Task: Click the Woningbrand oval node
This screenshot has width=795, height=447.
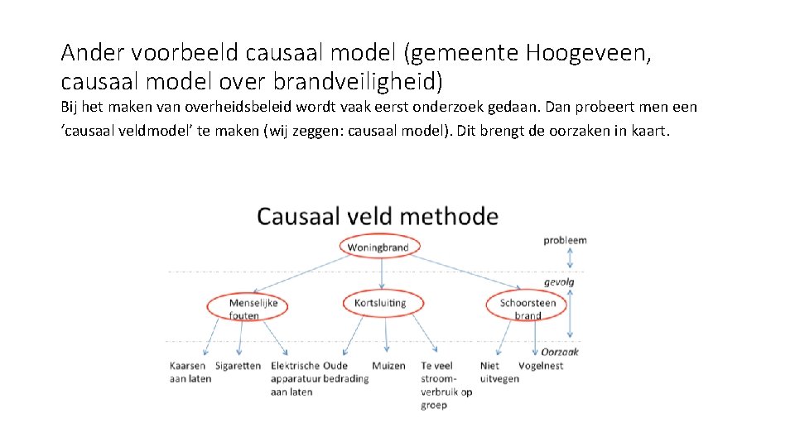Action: click(x=378, y=247)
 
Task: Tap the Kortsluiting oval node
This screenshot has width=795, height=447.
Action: click(x=381, y=303)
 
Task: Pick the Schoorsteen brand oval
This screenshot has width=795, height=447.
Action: click(x=528, y=307)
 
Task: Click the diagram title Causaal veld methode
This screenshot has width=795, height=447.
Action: click(x=378, y=217)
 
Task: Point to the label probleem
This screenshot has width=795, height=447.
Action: click(x=565, y=240)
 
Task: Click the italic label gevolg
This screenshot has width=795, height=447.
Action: click(x=559, y=282)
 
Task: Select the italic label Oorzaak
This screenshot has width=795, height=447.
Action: click(x=561, y=352)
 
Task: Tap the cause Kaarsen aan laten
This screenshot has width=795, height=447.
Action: click(x=190, y=372)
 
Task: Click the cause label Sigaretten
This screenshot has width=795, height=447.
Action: click(x=238, y=366)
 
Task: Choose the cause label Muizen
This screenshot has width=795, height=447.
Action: click(x=388, y=366)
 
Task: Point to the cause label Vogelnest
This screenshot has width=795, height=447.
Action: click(x=541, y=366)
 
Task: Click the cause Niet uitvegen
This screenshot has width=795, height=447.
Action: click(x=499, y=372)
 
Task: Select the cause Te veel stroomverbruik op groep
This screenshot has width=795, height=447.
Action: click(x=446, y=385)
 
